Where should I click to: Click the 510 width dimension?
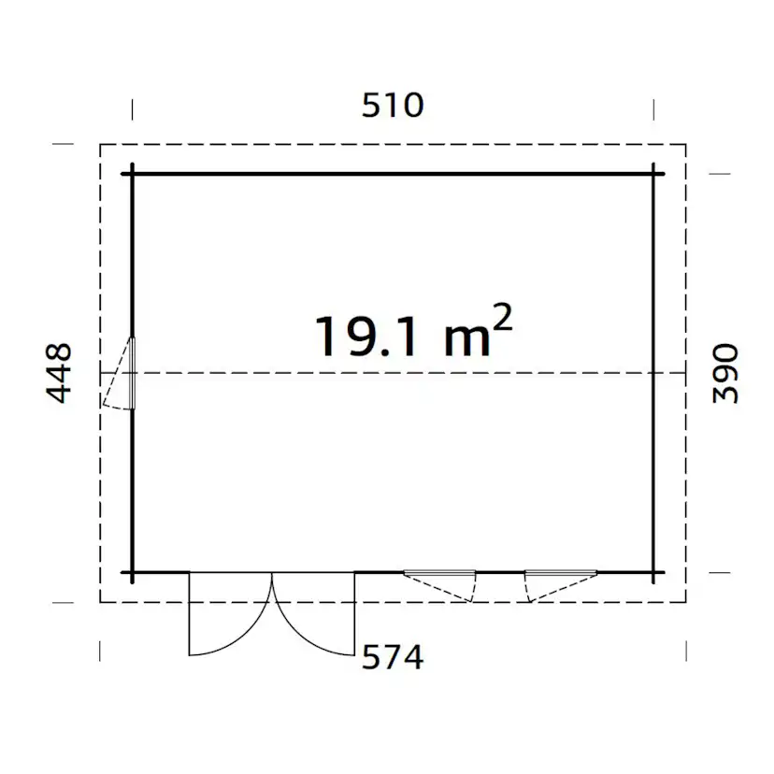[x=393, y=105]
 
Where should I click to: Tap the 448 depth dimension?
[x=59, y=373]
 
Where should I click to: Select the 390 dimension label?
[x=725, y=373]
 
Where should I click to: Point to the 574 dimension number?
[x=393, y=657]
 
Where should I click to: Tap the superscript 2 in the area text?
[x=503, y=318]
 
